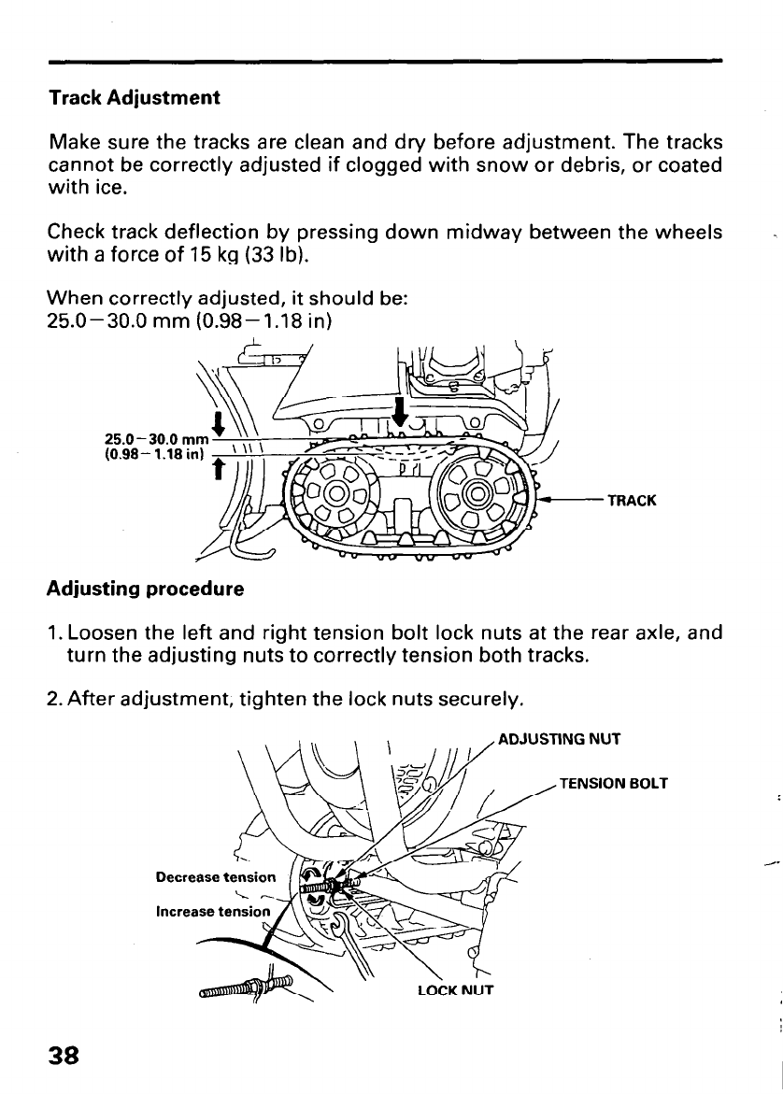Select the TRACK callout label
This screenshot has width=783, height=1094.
click(x=632, y=500)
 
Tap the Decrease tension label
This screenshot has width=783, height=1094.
click(x=216, y=877)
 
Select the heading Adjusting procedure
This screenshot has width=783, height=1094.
click(x=145, y=590)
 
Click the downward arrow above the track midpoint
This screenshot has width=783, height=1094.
click(x=401, y=410)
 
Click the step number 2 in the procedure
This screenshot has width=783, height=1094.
click(x=52, y=699)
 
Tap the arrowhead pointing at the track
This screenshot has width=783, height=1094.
click(x=551, y=500)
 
